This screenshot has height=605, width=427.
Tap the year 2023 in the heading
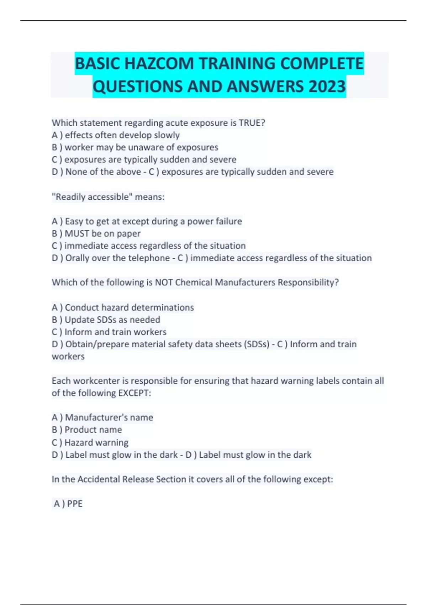[327, 86]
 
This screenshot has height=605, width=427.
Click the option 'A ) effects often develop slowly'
[116, 135]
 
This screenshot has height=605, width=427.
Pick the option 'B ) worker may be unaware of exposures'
[135, 147]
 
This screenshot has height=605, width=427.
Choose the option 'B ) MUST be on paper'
[96, 233]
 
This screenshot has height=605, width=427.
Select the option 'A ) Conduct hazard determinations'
[123, 307]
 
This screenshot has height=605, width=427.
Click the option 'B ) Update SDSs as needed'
[106, 320]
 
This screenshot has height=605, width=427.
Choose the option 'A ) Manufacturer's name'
[102, 417]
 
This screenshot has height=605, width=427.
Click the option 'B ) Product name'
[87, 430]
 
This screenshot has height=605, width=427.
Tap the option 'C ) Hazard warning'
[90, 442]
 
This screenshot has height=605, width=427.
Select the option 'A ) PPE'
[68, 504]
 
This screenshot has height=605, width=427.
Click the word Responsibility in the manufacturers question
[306, 283]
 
